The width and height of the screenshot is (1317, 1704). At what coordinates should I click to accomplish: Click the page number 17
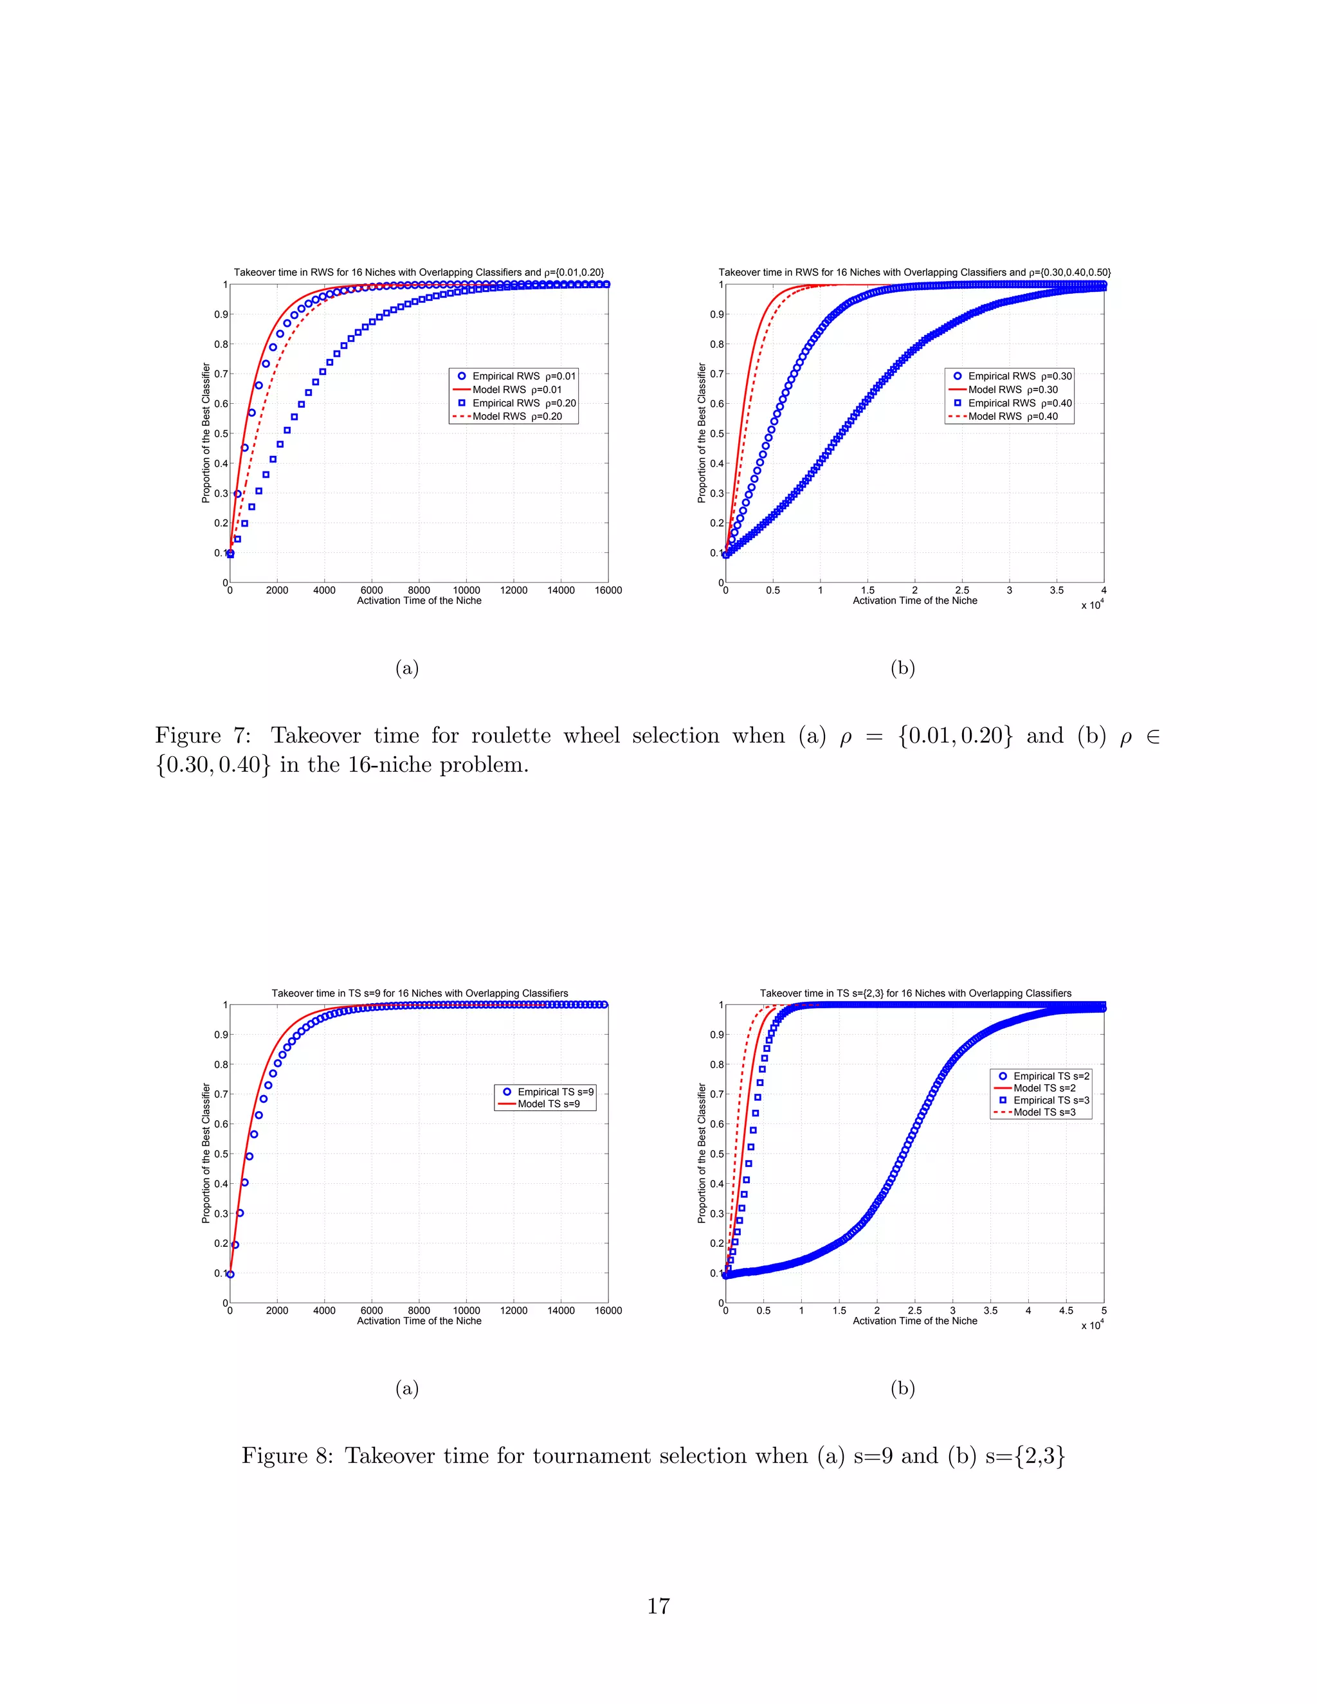[x=658, y=1605]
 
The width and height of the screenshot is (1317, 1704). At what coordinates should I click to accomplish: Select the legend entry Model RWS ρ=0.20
[x=516, y=417]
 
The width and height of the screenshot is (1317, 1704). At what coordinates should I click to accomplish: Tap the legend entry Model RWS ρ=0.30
[x=1013, y=389]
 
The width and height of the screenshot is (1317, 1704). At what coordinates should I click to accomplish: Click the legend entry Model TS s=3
[x=1044, y=1112]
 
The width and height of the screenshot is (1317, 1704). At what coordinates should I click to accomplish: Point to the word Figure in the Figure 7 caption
[x=188, y=736]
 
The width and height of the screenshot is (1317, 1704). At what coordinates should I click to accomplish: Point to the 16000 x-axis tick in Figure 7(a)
[x=608, y=590]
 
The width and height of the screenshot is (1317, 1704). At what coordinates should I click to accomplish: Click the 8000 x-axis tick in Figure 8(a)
[x=419, y=1310]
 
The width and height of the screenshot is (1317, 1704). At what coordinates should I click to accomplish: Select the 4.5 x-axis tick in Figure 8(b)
[x=1066, y=1310]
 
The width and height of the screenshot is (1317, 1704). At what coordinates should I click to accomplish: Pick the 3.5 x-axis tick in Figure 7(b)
[x=1057, y=590]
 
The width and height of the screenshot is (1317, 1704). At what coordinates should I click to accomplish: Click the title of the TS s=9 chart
[x=420, y=993]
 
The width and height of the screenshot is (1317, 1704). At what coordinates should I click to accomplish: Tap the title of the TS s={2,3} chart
[x=915, y=993]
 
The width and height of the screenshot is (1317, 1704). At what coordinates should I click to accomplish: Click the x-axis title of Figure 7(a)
[x=419, y=601]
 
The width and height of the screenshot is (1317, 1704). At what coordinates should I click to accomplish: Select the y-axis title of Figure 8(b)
[x=702, y=1152]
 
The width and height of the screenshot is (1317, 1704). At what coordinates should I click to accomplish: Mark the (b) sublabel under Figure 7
[x=903, y=668]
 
